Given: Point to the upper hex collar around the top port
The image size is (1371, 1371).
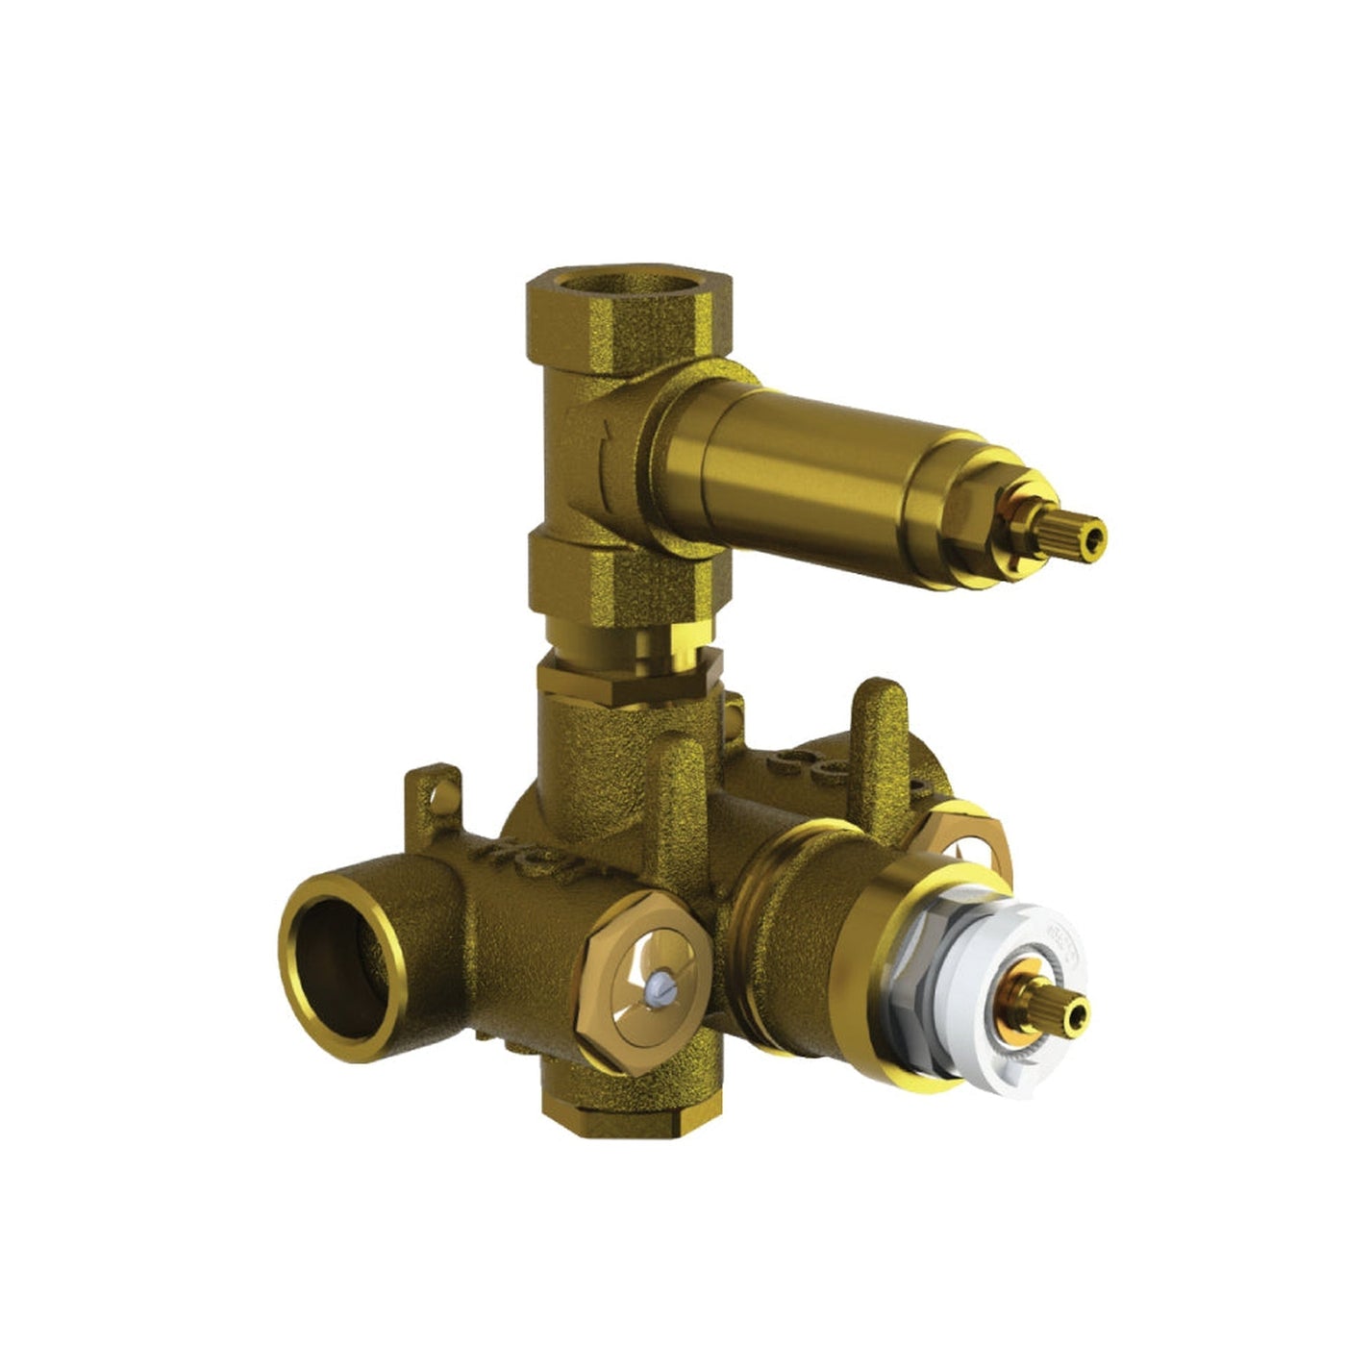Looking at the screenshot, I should tap(630, 317).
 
